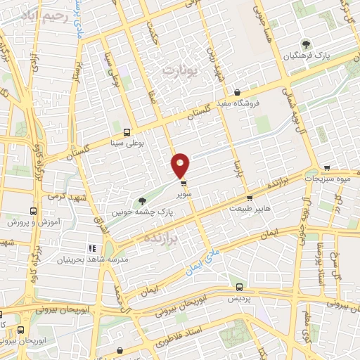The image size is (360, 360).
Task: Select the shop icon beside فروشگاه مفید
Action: pos(238,92)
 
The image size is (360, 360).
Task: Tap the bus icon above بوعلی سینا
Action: pos(127,131)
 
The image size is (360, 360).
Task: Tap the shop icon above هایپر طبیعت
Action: pos(249,198)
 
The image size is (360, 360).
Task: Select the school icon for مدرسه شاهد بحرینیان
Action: pos(91,247)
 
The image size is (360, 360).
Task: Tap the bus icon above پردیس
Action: pos(240,287)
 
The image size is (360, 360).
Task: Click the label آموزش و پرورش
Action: pos(32,221)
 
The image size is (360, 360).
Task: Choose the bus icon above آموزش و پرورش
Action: pos(32,210)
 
